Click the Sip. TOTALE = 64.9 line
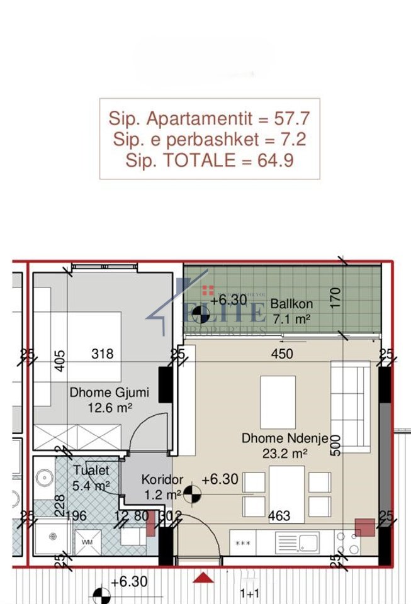[209, 160]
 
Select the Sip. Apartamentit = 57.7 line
[209, 118]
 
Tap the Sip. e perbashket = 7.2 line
[209, 139]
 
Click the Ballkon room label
[291, 305]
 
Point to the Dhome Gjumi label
[110, 393]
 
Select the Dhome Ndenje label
[285, 439]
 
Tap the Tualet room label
[91, 470]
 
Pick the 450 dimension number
[282, 354]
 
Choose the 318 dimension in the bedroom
[102, 354]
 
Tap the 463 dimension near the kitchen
[279, 517]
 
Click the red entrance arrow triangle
[202, 578]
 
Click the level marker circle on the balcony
[201, 313]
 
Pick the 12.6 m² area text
[110, 408]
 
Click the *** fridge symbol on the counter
[242, 542]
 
